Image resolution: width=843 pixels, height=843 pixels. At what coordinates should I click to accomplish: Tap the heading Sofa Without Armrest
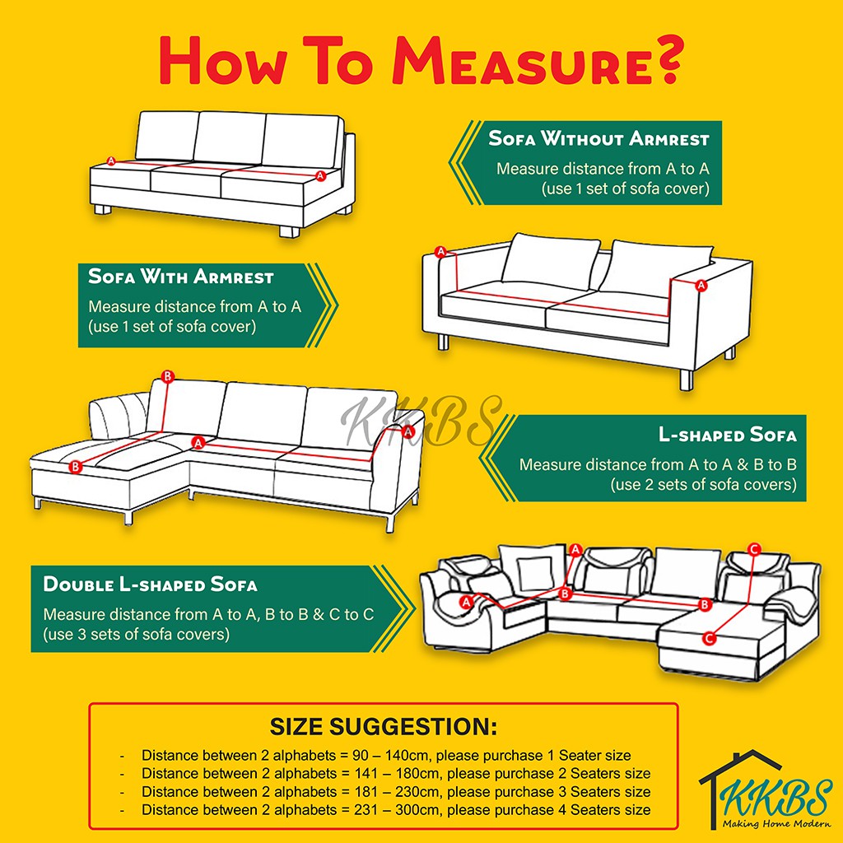click(598, 138)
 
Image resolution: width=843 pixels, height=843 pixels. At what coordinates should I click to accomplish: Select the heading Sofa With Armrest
click(181, 277)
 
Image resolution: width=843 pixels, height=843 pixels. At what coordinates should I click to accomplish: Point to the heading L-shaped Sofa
click(727, 435)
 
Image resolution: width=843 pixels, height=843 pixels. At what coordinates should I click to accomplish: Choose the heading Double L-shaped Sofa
click(150, 585)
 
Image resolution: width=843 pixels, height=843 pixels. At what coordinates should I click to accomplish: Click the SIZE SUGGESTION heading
click(384, 728)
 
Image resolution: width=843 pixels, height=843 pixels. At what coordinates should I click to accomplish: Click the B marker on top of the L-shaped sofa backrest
click(167, 377)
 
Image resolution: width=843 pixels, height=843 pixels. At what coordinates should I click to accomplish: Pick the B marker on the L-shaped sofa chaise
click(76, 467)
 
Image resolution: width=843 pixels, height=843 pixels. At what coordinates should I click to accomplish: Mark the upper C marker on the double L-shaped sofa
click(753, 549)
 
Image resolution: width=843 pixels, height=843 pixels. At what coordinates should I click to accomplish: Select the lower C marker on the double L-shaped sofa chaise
click(710, 637)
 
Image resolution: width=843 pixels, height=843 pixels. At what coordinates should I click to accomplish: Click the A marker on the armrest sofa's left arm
click(440, 251)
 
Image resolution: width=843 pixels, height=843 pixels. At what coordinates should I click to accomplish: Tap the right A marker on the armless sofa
click(320, 175)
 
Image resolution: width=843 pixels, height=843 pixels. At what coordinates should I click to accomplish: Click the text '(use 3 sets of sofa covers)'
click(136, 635)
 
